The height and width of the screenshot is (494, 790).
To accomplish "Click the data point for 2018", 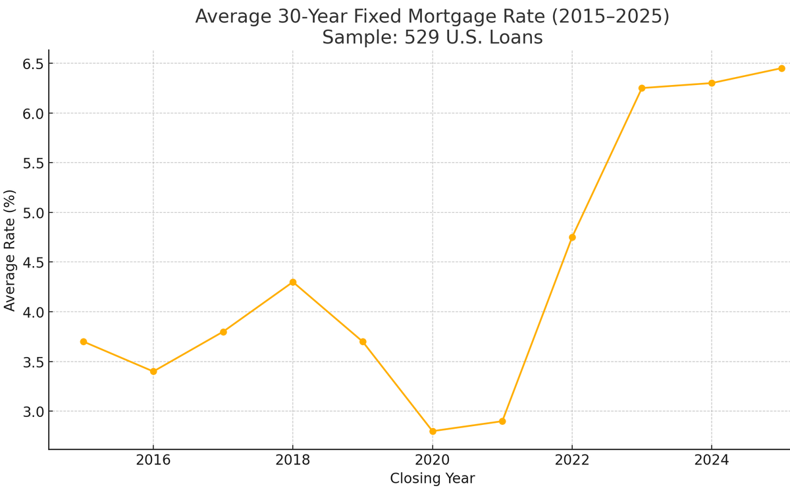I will coord(293,283).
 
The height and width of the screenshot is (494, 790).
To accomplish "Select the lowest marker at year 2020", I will coord(433,431).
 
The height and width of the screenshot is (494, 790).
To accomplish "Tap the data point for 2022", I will coord(572,237).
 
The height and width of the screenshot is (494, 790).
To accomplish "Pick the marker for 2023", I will coord(642,88).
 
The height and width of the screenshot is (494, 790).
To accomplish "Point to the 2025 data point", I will coord(781,69).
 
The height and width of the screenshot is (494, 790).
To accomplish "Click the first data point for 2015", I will coord(84,342).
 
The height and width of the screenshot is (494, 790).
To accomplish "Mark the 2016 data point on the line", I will coord(153,371).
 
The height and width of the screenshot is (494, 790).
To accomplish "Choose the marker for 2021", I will coord(502,422).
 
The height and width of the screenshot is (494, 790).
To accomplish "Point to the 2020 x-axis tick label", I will coord(433,460).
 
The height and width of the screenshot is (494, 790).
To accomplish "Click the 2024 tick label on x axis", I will coord(712,460).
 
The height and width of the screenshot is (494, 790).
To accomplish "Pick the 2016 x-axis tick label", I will coord(153,460).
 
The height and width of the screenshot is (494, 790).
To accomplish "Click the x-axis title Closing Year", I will coord(432,479).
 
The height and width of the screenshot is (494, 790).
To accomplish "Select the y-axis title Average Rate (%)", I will coord(10,250).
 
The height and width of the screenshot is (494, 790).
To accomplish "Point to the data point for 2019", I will coord(363,342).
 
